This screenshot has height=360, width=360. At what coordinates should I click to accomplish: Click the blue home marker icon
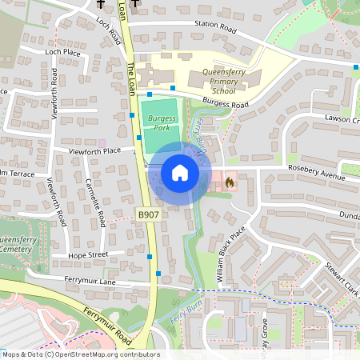coord(180,173)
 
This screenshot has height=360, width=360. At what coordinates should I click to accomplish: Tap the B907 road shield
coord(147,215)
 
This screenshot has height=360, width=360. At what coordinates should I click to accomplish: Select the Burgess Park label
coord(161,122)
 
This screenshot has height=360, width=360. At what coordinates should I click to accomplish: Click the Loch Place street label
coord(63,52)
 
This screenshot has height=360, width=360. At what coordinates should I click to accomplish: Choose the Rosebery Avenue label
coord(317,174)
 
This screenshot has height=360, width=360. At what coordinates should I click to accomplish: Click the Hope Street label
coord(87,255)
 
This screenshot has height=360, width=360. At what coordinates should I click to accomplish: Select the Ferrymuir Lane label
coord(91,282)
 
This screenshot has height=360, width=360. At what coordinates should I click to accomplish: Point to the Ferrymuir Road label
coord(105,323)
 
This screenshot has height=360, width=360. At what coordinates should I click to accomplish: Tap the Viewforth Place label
coord(94,150)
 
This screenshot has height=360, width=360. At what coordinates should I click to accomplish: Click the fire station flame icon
coord(230,182)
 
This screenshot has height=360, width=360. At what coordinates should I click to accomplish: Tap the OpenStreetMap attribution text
coord(80,354)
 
